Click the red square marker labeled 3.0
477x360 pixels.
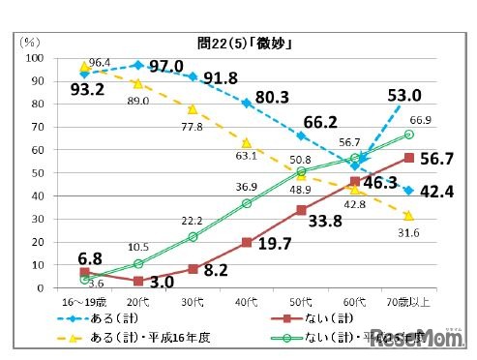(138, 281)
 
